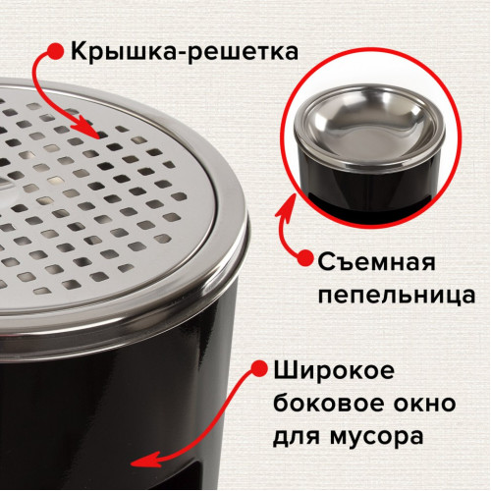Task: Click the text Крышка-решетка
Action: [x=185, y=51]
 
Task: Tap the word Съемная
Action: [x=376, y=262]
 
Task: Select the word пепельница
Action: [x=397, y=295]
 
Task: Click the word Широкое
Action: [x=334, y=371]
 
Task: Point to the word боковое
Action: [x=328, y=403]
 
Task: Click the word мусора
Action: [x=376, y=437]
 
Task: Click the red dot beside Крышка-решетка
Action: [x=56, y=52]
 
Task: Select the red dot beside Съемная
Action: [x=305, y=258]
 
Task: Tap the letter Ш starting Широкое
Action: [x=285, y=370]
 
